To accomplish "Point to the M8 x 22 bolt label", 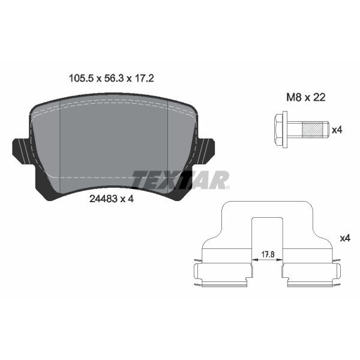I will [306, 97].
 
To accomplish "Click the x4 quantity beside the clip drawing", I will [344, 238].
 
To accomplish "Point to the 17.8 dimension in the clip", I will [268, 254].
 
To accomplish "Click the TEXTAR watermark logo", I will [181, 179].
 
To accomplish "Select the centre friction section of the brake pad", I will [114, 141].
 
